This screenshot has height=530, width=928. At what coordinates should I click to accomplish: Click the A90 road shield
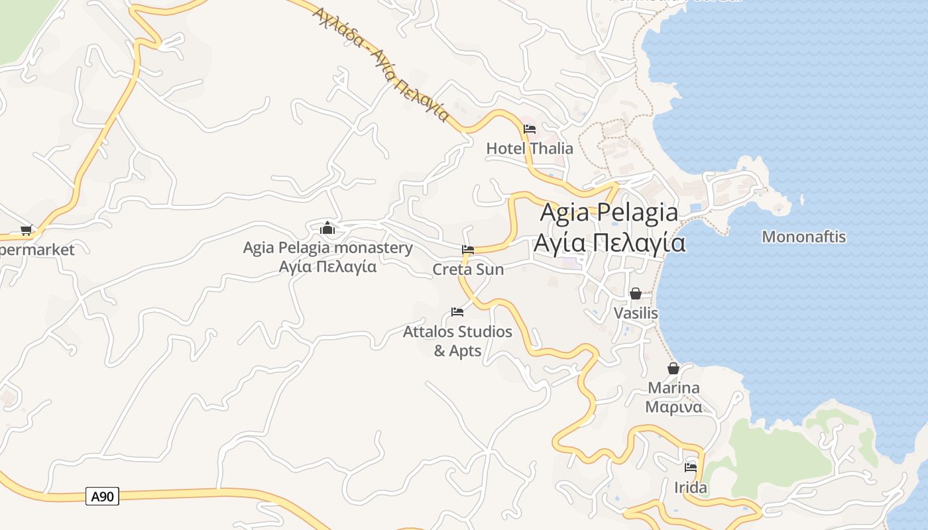point(102,496)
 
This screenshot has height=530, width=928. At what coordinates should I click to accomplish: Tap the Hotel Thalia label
point(530,148)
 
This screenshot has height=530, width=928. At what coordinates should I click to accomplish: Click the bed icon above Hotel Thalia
point(530,129)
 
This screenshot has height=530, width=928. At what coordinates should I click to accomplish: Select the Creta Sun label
point(468,270)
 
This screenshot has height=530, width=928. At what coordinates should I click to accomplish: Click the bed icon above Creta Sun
point(468,250)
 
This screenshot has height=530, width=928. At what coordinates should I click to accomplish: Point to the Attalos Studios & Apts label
point(457,341)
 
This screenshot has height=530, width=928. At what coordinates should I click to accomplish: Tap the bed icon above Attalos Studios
point(457,311)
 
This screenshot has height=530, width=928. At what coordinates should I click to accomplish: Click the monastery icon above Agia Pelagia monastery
point(327,229)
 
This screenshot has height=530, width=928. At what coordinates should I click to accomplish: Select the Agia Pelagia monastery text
point(327,248)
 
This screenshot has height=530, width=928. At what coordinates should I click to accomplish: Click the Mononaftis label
point(803,237)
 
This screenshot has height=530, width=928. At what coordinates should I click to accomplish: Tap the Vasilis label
point(636,313)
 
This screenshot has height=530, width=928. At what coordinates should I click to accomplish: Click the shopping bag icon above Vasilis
point(636,293)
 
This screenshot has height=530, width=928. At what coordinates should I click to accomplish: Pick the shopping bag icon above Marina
point(673,368)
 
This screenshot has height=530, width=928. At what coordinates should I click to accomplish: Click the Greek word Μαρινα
point(673,407)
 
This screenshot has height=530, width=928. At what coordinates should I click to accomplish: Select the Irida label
point(691,488)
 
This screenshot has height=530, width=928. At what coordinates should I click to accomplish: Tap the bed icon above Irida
point(691,467)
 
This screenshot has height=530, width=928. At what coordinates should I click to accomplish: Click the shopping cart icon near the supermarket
point(26,231)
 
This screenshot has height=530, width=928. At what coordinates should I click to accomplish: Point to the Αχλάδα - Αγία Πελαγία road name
point(380,64)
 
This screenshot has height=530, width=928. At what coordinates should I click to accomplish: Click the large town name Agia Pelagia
point(609,213)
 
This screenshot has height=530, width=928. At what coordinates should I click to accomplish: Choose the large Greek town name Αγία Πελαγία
point(609,243)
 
